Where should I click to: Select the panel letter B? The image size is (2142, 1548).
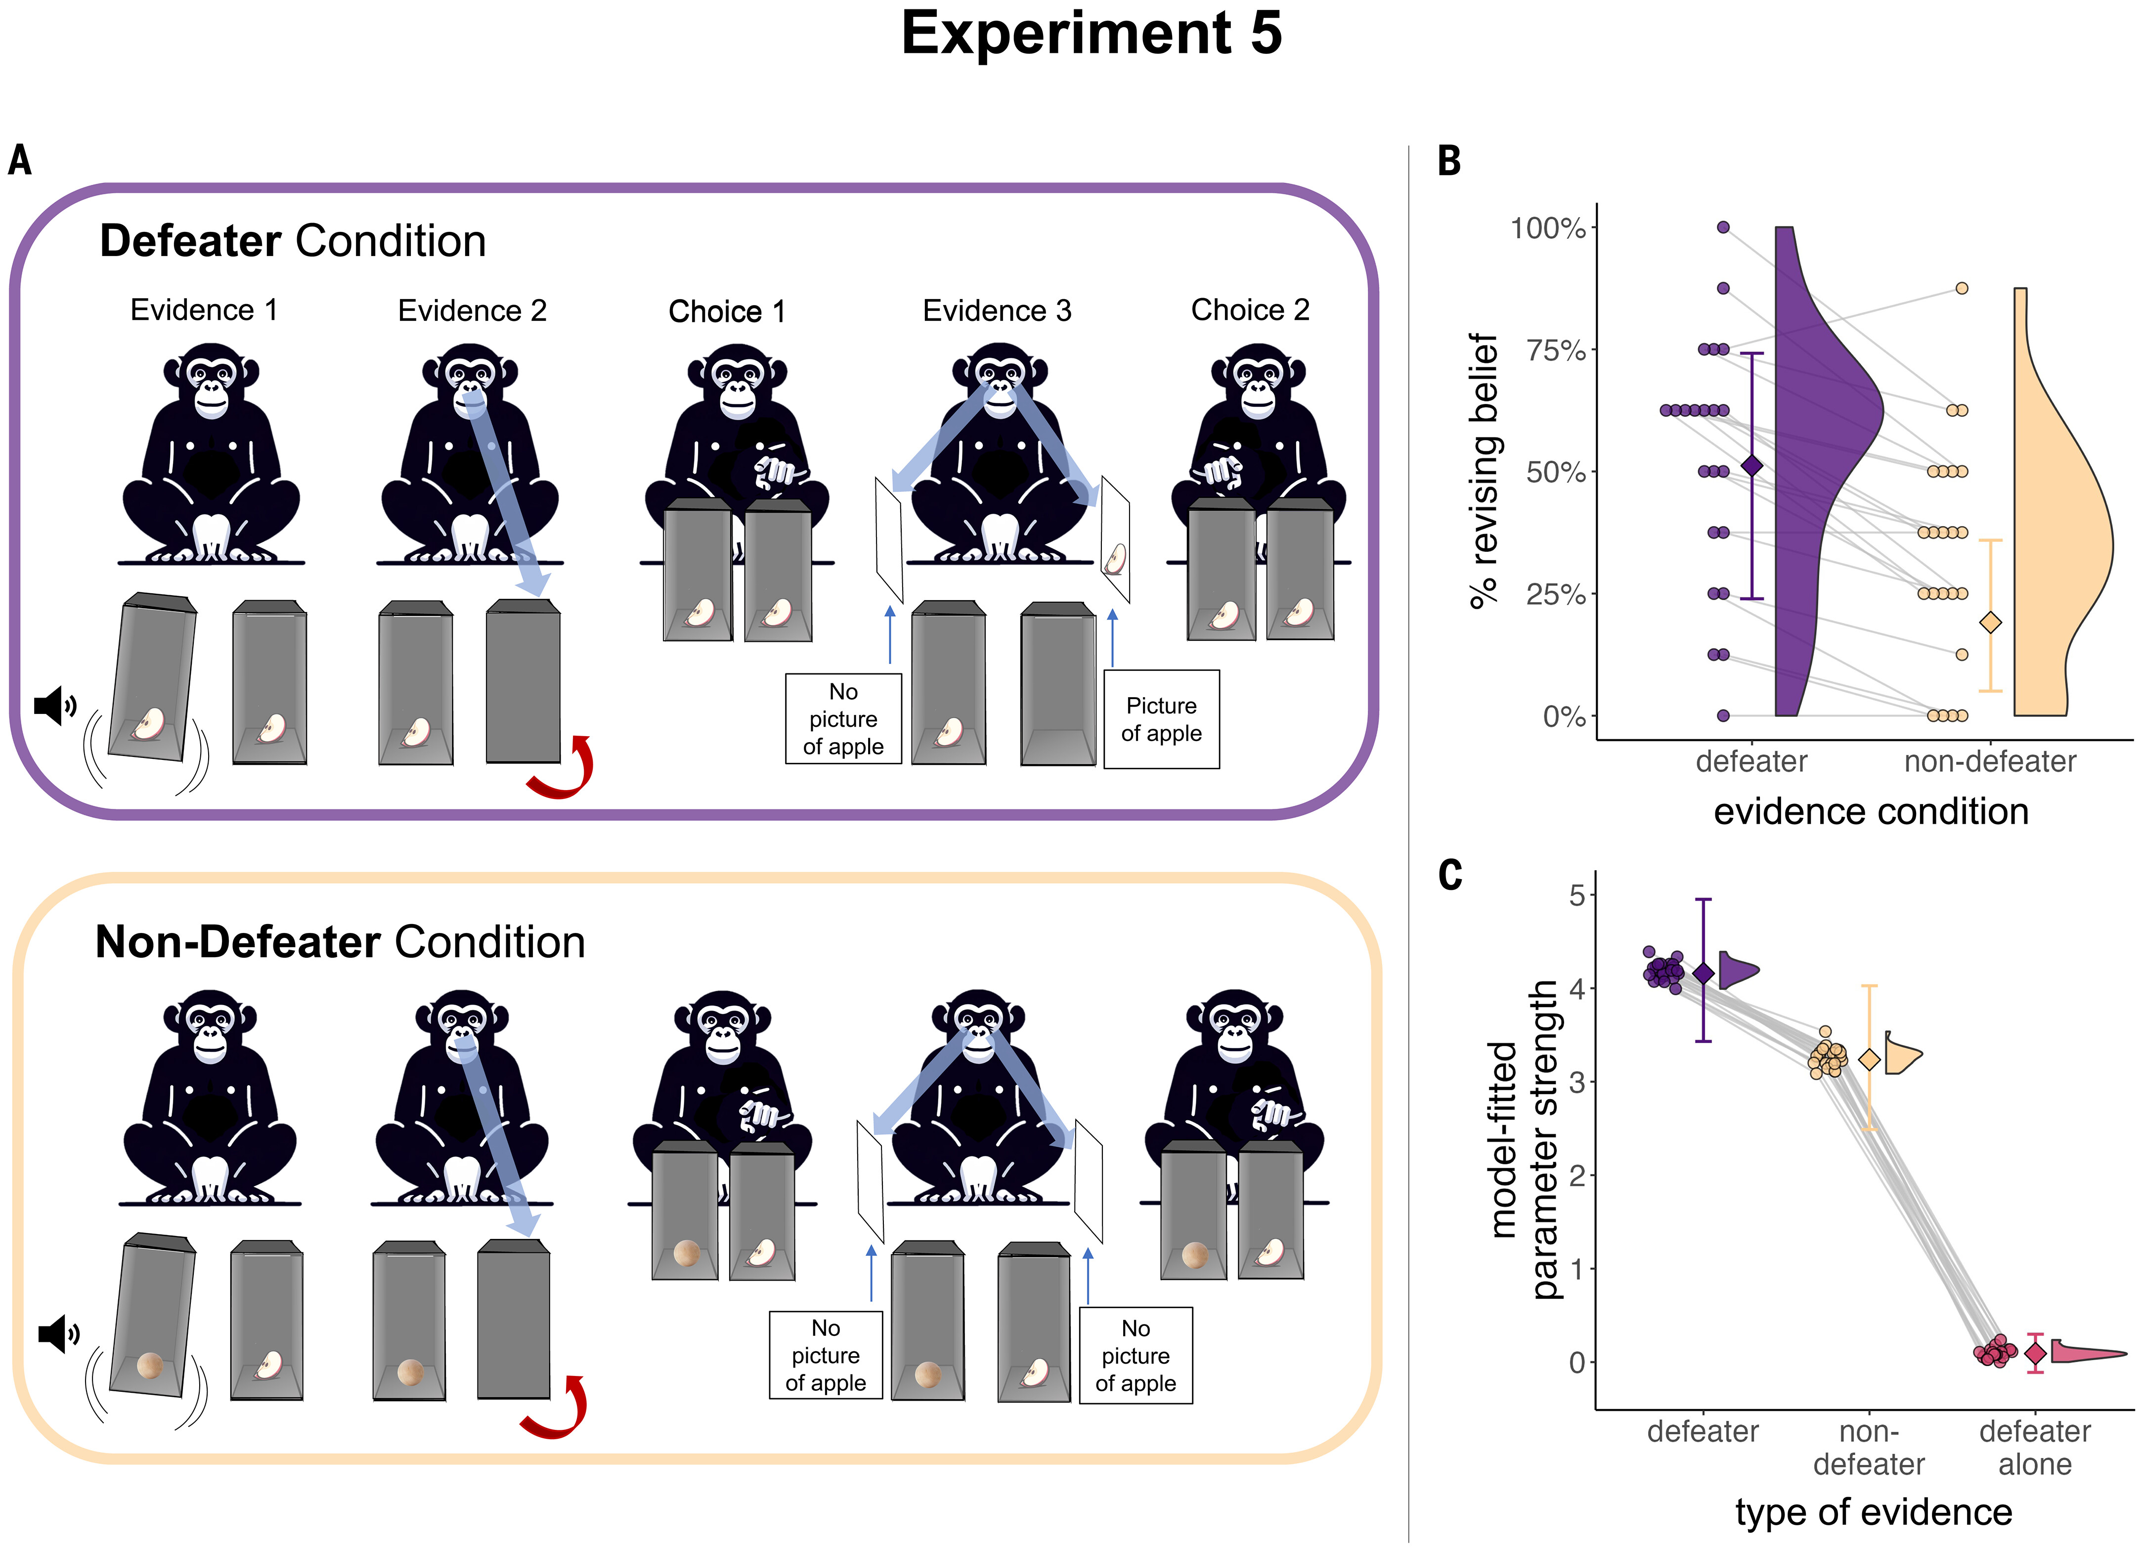tap(1449, 162)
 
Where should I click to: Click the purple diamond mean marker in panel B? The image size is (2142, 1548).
tap(1752, 466)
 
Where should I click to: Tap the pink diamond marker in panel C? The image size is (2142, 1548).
tap(2035, 1353)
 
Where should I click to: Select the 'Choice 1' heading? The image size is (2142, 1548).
tap(726, 311)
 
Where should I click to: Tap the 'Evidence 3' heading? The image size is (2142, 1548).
tap(997, 310)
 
